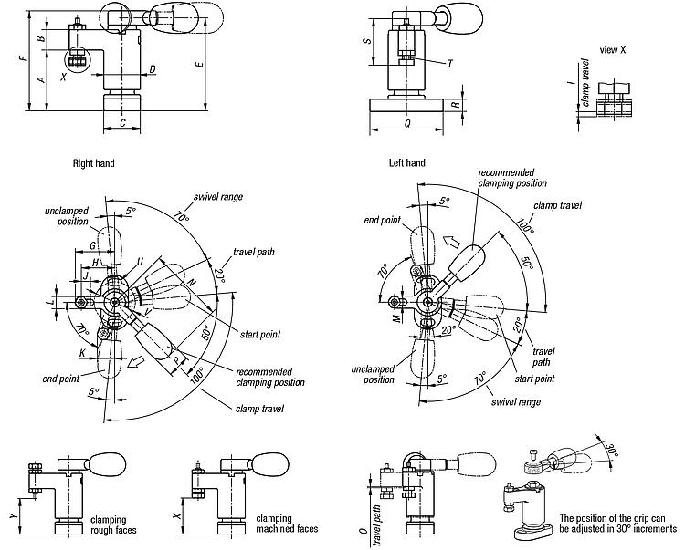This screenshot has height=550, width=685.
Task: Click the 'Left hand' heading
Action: (406, 164)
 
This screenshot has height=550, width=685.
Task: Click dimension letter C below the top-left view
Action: (121, 121)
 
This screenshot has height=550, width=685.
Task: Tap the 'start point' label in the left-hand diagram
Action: (533, 378)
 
